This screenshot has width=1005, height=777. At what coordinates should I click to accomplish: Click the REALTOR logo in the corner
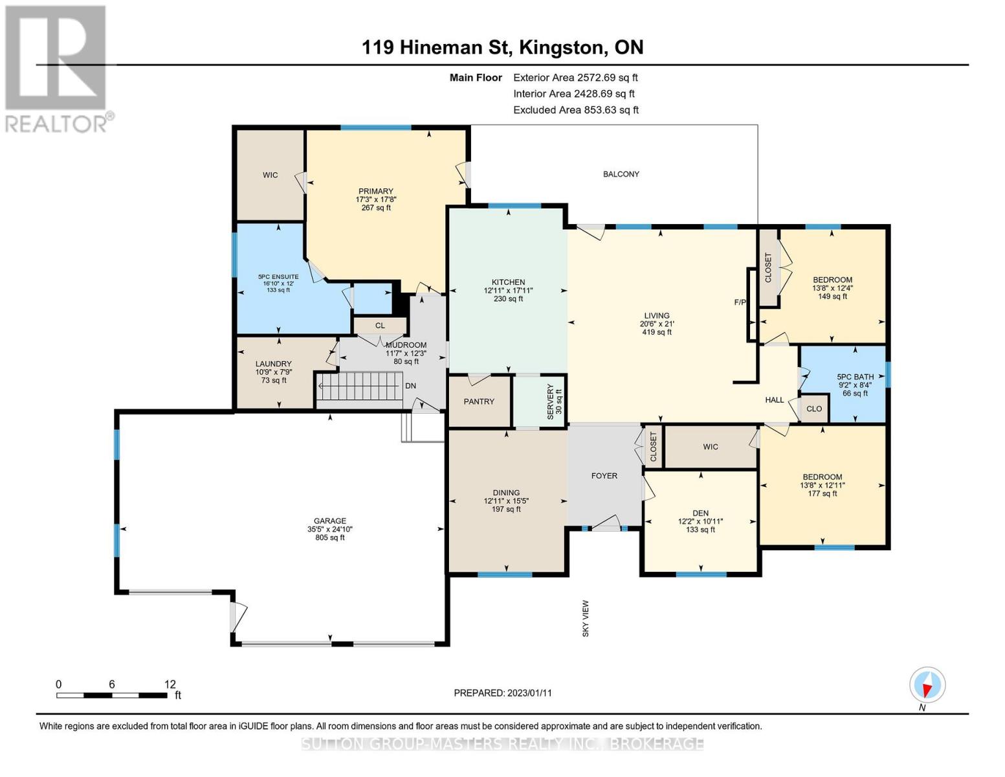pos(57,68)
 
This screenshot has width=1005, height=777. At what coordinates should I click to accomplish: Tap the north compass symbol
pos(927,685)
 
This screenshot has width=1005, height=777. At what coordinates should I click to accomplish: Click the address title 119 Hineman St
pos(502,47)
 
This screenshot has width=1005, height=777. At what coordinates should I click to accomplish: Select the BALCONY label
pos(621,174)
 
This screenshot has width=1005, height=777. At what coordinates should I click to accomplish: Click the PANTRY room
pos(479,401)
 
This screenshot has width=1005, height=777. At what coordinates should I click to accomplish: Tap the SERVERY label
pos(551,402)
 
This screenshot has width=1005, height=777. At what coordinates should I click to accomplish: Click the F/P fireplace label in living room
pos(740,302)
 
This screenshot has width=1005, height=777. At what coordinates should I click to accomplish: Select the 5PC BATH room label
pos(855,377)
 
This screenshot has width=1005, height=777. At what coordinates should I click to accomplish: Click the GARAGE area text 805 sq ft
pos(330,537)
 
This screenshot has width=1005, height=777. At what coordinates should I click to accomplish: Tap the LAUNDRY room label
pos(273,364)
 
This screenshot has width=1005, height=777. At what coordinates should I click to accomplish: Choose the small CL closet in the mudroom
pos(380,326)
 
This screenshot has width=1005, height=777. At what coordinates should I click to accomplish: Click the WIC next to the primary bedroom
pos(270,175)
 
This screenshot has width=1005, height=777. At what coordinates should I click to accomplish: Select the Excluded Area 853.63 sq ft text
pos(576,110)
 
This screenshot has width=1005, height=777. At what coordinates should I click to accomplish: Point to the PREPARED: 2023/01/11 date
pos(503,693)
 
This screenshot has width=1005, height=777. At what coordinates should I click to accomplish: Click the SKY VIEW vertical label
pos(586,618)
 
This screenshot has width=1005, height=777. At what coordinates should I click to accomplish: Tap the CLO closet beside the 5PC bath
pos(814,409)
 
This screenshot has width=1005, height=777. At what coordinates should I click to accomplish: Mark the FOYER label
pos(604,476)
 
